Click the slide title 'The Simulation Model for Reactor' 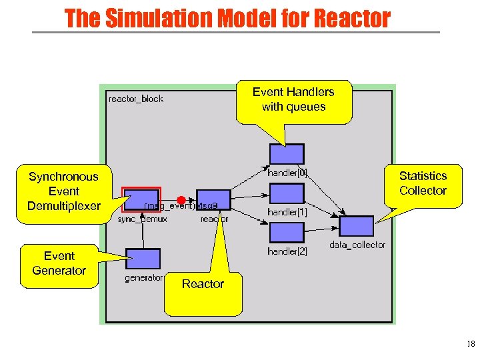[227, 18]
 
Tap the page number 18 [471, 345]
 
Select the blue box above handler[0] [287, 154]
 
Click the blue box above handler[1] [287, 193]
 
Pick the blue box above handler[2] [287, 232]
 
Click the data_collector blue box [357, 226]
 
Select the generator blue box [143, 259]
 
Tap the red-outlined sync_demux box [142, 199]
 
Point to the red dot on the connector [181, 200]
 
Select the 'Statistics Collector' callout [423, 184]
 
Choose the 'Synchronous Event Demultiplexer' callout [63, 191]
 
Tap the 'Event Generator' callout [59, 264]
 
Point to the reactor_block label [135, 99]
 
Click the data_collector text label [357, 245]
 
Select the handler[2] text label [287, 251]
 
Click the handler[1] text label [287, 212]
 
